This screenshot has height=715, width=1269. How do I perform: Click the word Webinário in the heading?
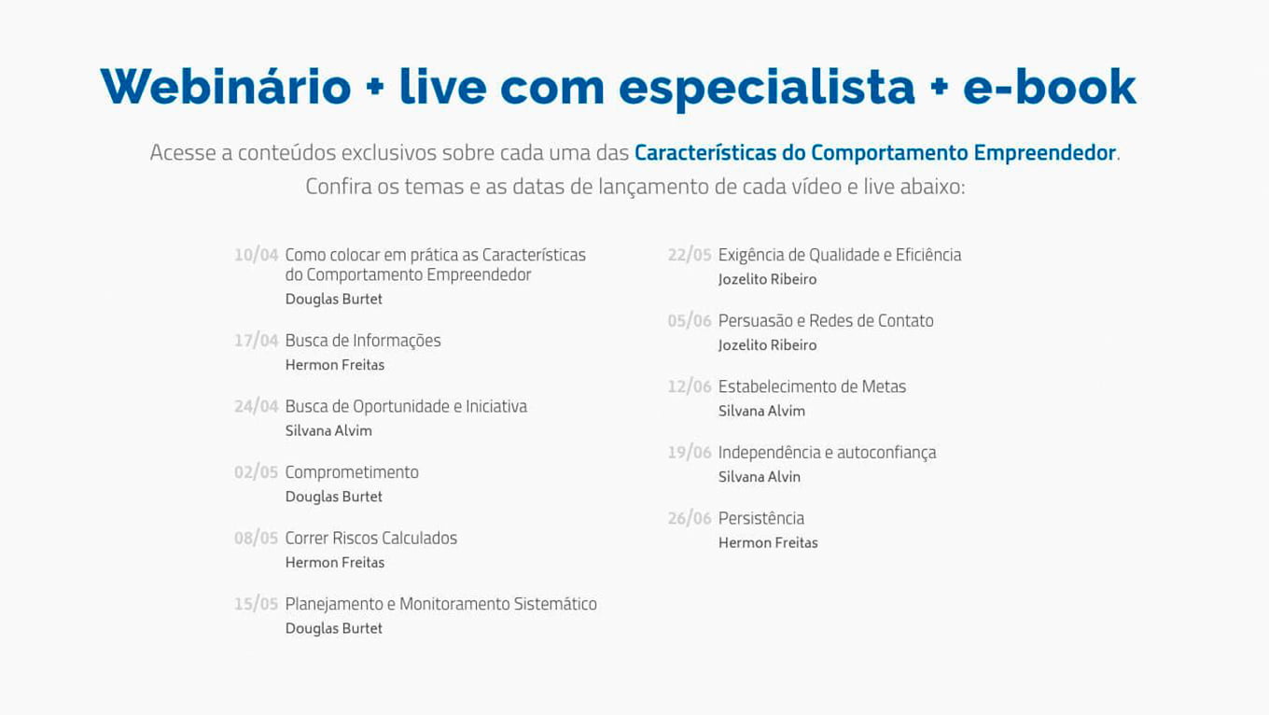tap(226, 87)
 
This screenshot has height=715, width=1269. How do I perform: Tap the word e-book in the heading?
tap(1050, 87)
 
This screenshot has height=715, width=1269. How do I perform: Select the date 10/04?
tap(257, 255)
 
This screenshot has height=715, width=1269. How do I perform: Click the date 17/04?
tap(257, 341)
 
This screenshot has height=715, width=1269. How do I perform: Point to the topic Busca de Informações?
tap(363, 341)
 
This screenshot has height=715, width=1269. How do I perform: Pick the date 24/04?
tap(257, 407)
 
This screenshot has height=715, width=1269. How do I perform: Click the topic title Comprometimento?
tap(352, 472)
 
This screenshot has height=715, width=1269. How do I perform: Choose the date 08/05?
tap(257, 539)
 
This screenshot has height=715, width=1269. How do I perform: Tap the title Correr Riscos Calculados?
tap(371, 539)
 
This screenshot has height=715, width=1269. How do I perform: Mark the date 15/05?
tap(257, 605)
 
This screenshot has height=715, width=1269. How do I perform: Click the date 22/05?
tap(690, 255)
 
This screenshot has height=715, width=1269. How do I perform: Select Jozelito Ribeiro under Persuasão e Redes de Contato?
tap(767, 345)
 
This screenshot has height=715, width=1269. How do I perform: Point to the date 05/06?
tap(690, 321)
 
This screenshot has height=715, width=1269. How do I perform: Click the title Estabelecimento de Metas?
tap(812, 386)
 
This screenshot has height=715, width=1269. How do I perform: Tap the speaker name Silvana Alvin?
tap(760, 477)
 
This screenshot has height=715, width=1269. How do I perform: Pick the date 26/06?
tap(690, 519)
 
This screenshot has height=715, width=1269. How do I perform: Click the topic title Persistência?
tap(761, 519)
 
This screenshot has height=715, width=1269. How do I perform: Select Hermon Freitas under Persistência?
tap(768, 543)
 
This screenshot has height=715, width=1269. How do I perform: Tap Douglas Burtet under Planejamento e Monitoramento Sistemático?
tap(334, 629)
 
